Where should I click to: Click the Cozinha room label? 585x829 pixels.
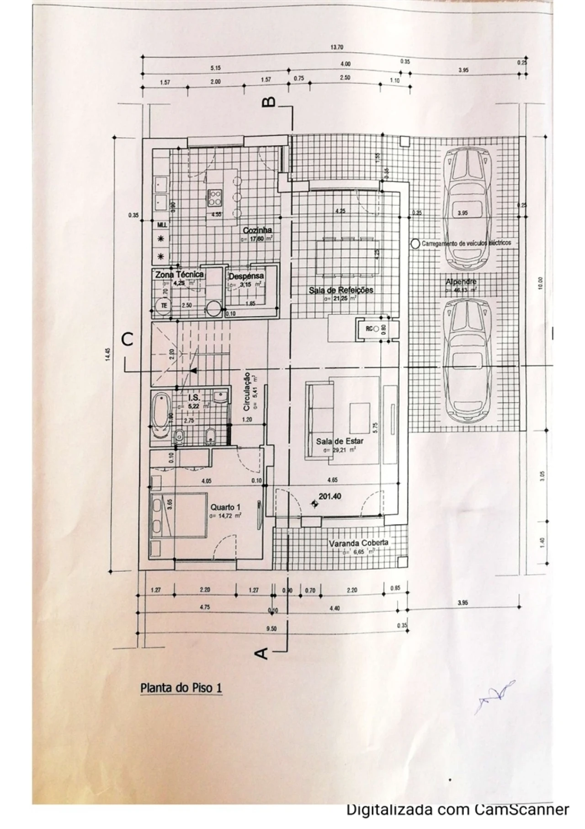click(x=258, y=231)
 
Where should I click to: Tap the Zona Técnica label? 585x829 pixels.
click(x=180, y=275)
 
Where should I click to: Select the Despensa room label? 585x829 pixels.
click(x=246, y=276)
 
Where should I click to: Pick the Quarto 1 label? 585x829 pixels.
click(x=225, y=507)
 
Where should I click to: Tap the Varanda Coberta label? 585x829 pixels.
click(x=358, y=543)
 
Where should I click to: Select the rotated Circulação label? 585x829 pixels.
click(x=246, y=391)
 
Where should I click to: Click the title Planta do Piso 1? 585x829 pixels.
click(x=181, y=688)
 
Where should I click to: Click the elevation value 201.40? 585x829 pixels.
click(x=330, y=496)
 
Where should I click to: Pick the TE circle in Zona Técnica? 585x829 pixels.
click(x=163, y=306)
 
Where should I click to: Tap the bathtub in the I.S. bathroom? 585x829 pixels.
click(x=160, y=415)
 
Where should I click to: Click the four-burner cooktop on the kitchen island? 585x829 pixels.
click(x=215, y=197)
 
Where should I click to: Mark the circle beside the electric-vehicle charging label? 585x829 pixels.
click(x=415, y=244)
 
